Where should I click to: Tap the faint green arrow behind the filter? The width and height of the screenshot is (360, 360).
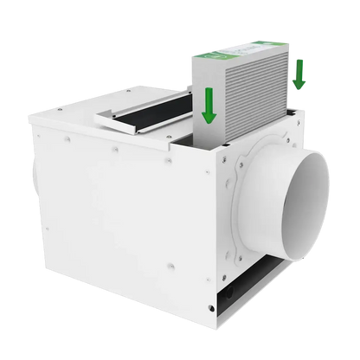click(299, 74)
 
